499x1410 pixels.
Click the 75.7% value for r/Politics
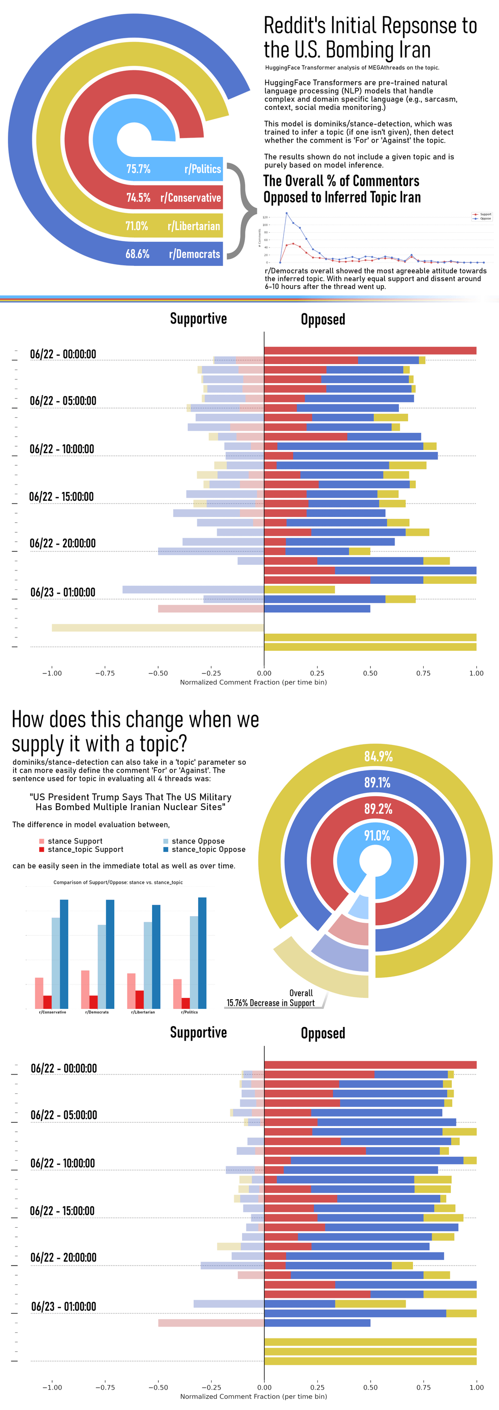[138, 169]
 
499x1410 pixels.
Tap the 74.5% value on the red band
[138, 198]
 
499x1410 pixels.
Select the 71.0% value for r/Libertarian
[136, 226]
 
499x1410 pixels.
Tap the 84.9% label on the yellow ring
[378, 756]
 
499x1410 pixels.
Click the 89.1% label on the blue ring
[377, 783]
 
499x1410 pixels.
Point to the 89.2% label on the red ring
[378, 809]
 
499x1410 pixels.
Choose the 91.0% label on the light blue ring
[377, 836]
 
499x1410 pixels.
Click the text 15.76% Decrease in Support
[271, 1003]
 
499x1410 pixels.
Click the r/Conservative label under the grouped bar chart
[53, 1012]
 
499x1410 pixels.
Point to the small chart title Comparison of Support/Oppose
[118, 882]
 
